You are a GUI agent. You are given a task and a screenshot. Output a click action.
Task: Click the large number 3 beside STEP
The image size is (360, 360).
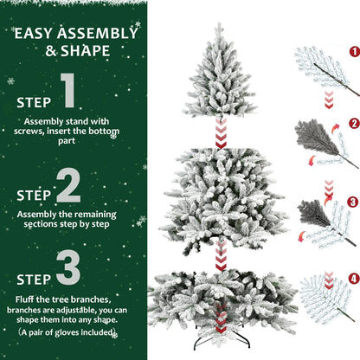(x=68, y=270)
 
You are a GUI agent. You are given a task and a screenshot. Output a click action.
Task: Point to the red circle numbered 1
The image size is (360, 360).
(x=353, y=51)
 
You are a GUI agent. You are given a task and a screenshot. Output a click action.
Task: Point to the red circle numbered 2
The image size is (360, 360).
(x=353, y=124)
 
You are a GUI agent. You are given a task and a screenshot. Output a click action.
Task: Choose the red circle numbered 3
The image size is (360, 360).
(x=353, y=202)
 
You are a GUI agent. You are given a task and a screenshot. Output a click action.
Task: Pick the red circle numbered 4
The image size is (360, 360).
(x=353, y=279)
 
